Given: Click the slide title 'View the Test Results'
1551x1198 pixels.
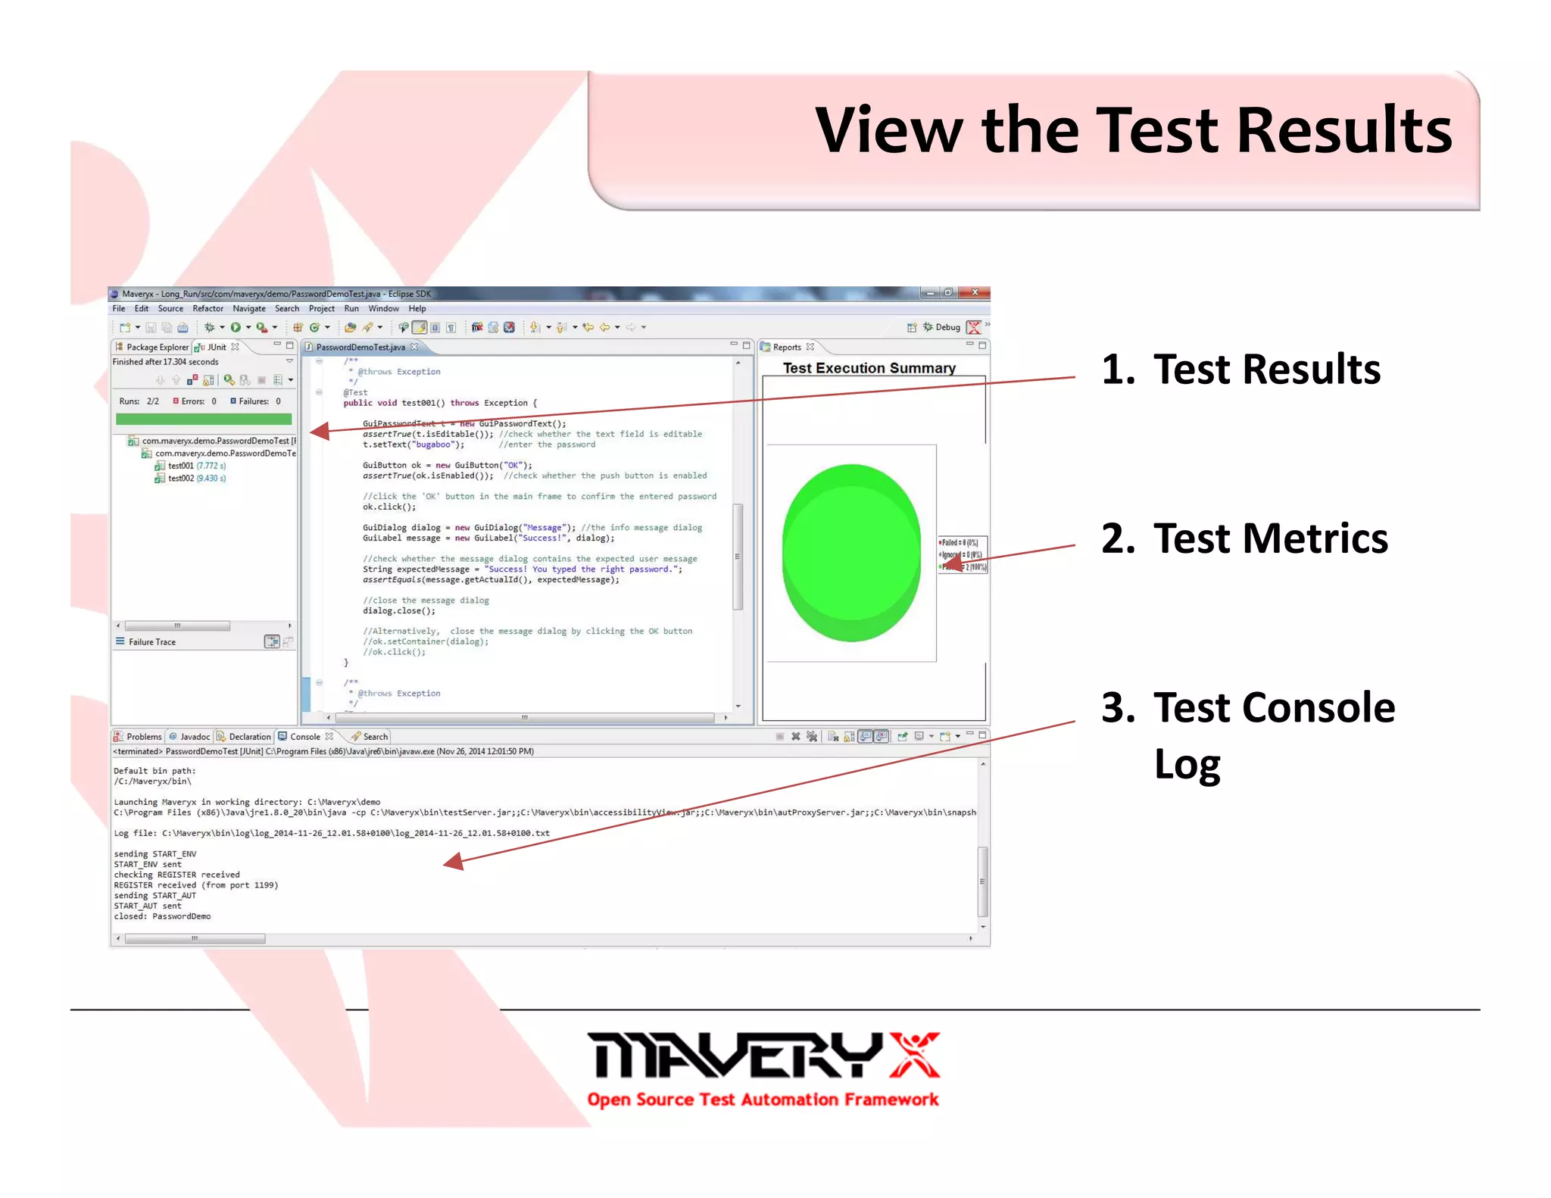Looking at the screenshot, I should (x=1133, y=130).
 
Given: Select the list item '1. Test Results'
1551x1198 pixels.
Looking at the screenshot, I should (x=1240, y=370).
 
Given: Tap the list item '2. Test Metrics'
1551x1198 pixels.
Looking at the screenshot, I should (x=1244, y=539).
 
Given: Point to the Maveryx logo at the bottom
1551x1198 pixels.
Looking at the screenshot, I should (x=763, y=1056).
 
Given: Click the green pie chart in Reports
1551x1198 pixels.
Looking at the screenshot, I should (x=851, y=553).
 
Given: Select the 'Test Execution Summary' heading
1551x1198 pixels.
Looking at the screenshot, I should (x=869, y=368).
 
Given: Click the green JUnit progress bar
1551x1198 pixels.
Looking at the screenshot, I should (x=203, y=419).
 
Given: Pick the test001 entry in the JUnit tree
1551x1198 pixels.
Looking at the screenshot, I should (x=181, y=466).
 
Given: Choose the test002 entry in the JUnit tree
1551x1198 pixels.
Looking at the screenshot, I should (x=181, y=479).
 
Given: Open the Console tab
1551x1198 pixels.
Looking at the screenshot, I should (x=304, y=736).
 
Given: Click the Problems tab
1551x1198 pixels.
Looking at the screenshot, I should (x=143, y=736).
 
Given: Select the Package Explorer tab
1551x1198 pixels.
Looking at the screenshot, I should (x=157, y=347).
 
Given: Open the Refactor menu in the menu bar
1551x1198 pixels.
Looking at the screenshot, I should (x=208, y=308).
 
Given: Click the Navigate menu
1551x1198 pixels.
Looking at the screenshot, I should (x=248, y=308).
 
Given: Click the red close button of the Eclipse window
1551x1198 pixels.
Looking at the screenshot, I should (x=975, y=292).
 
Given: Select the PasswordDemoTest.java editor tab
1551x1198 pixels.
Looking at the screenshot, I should (x=360, y=347).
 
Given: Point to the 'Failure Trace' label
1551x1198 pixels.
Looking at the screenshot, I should (x=151, y=642).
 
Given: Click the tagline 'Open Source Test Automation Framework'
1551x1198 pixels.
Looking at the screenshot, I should (x=763, y=1100).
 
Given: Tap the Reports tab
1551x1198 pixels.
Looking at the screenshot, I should (x=786, y=347).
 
